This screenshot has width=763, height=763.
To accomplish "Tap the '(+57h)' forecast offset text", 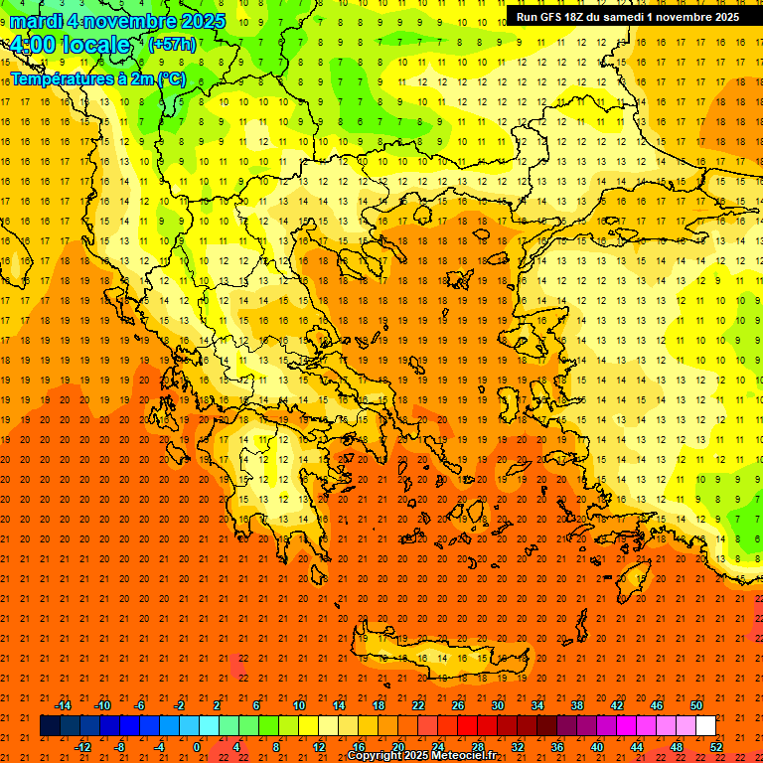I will (x=171, y=45).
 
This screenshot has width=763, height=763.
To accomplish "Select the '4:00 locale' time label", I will (x=70, y=45).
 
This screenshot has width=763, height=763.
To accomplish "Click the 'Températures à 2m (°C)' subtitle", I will (x=97, y=78).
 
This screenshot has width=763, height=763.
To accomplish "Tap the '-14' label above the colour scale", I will (x=64, y=705).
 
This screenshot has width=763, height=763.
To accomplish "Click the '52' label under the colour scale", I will (x=717, y=747).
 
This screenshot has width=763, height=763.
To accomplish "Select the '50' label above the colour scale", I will (x=696, y=705).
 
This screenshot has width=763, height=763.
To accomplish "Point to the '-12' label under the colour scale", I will (x=82, y=747).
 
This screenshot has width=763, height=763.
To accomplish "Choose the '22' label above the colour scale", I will (x=418, y=705).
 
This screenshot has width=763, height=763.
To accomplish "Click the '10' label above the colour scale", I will (x=299, y=705).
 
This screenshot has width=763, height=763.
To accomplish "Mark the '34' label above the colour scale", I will (x=537, y=705).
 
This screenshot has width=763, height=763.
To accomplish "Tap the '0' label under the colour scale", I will (x=197, y=747).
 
